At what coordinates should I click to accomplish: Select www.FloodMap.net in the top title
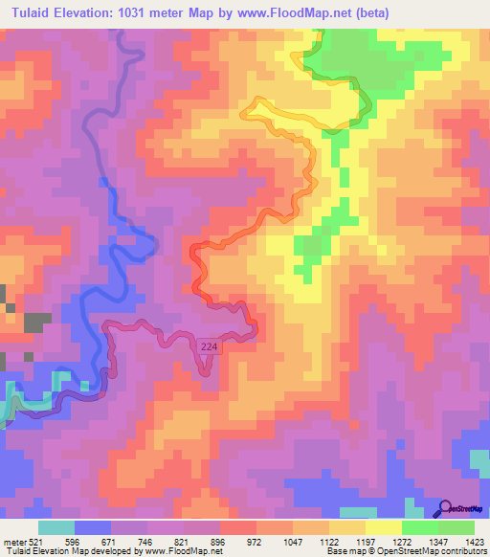(292, 11)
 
